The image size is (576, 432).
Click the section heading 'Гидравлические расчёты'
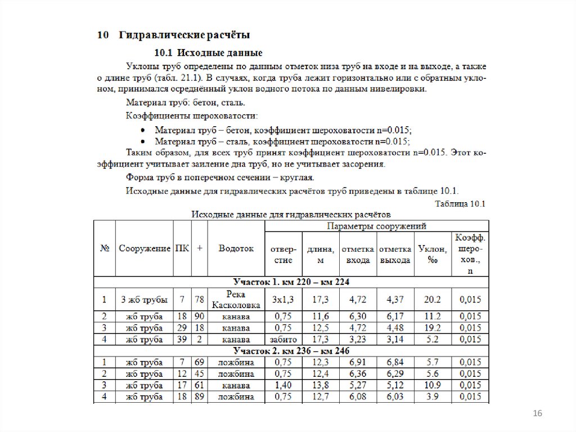coord(183,35)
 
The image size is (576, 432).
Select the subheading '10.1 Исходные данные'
coord(208,54)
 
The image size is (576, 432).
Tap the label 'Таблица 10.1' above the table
coord(460,203)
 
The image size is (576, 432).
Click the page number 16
coord(537,415)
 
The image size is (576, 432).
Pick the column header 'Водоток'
coord(236,248)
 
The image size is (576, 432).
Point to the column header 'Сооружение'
coord(145,248)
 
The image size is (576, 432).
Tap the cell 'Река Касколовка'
coord(236,300)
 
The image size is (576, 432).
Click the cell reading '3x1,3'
coord(283,300)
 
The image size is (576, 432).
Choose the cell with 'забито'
coord(283,340)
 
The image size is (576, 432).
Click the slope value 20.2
coord(433,300)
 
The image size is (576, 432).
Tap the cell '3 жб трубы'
coord(144,300)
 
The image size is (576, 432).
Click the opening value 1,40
coord(283,385)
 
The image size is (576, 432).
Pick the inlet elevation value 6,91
coord(358,362)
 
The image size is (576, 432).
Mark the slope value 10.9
coord(433,385)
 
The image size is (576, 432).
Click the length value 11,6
coord(321,317)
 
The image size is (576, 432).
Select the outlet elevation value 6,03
coord(395,397)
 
